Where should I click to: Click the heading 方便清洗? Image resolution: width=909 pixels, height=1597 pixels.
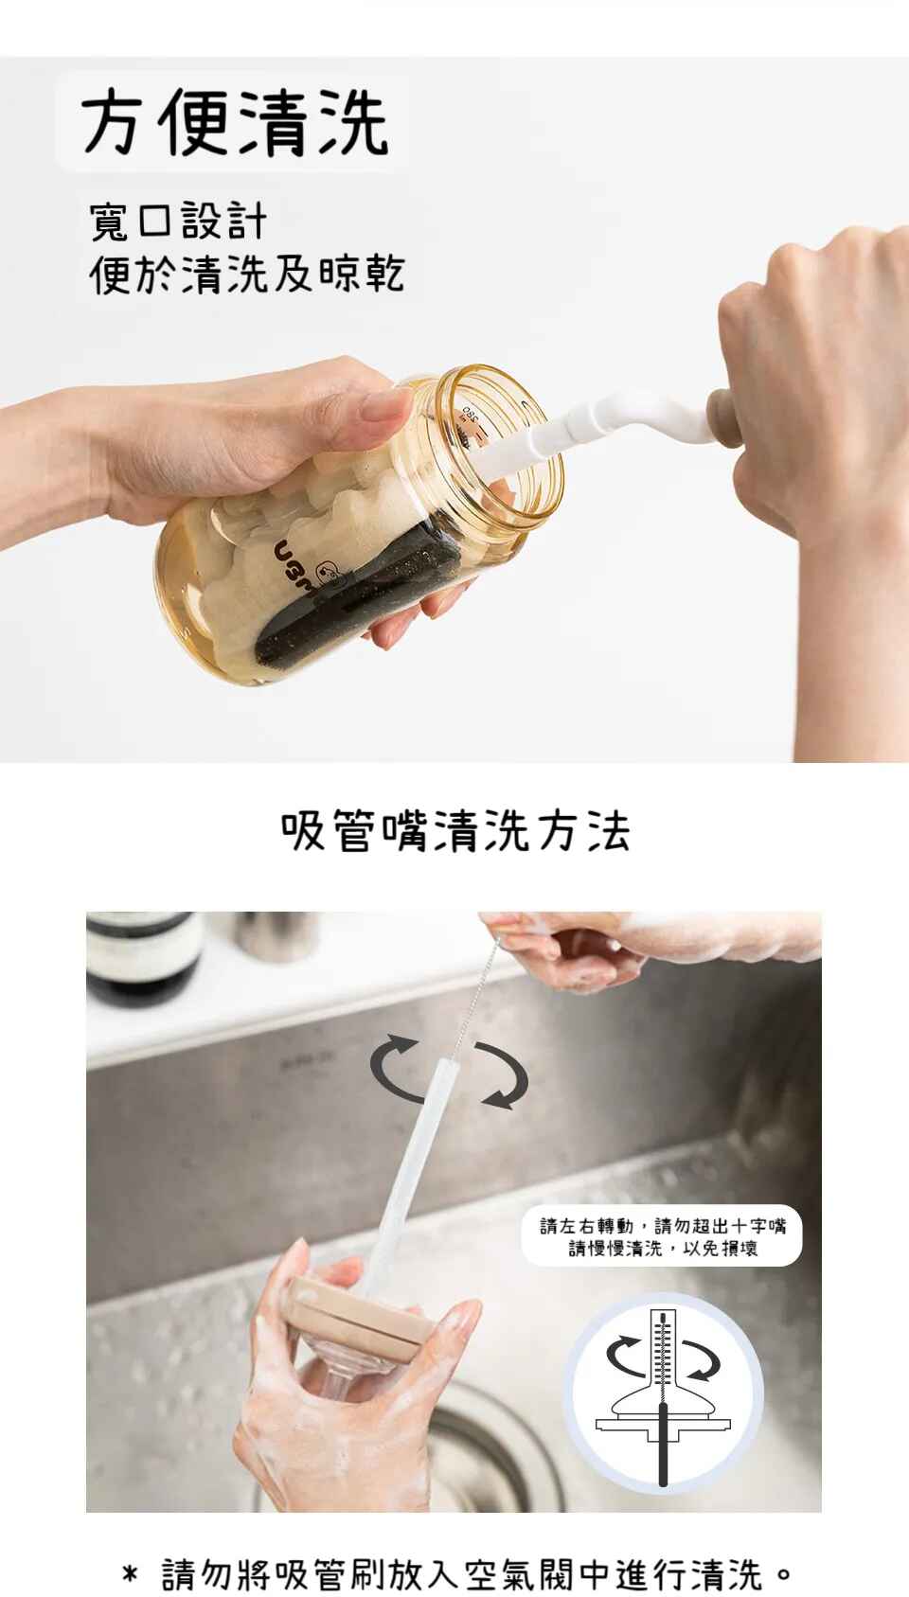click(x=235, y=122)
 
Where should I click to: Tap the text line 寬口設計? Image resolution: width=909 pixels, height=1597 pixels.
click(x=178, y=221)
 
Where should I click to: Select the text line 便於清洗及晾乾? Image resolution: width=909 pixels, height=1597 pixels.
click(x=247, y=273)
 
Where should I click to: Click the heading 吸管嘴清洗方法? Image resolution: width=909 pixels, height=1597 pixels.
click(x=454, y=830)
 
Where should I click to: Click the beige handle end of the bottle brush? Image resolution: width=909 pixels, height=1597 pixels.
click(x=723, y=417)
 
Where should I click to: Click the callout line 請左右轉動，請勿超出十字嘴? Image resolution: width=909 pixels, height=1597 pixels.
click(x=663, y=1226)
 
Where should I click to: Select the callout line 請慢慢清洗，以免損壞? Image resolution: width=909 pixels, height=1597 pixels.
click(x=663, y=1248)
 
